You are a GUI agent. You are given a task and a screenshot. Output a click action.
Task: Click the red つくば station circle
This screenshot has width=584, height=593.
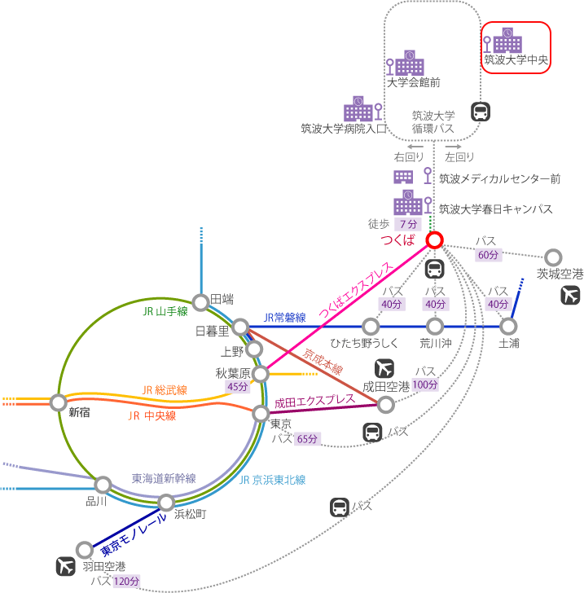(434, 239)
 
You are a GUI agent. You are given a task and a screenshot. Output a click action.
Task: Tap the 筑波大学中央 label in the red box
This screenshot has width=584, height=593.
(516, 59)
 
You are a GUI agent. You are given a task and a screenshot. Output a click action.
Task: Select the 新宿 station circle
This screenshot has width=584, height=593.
(59, 402)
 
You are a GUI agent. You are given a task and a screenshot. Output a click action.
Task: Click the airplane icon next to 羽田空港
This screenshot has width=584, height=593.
(65, 566)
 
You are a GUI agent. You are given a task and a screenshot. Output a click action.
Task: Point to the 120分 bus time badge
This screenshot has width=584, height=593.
(127, 582)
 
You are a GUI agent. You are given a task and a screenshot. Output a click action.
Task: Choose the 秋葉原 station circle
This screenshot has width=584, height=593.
(261, 374)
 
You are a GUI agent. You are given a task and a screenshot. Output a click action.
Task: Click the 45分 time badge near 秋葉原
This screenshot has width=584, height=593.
(238, 386)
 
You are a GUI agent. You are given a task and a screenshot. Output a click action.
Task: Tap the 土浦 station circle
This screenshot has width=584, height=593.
(508, 326)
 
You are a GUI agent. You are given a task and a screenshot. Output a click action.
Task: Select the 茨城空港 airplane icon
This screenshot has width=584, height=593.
(570, 296)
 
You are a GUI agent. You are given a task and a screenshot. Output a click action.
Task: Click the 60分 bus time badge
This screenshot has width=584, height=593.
(489, 255)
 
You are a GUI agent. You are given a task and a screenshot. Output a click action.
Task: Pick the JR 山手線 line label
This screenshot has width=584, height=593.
(165, 311)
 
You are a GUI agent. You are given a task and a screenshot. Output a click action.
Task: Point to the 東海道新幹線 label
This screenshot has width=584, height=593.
(164, 478)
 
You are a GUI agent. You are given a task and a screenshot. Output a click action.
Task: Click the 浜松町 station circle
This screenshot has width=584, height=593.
(166, 503)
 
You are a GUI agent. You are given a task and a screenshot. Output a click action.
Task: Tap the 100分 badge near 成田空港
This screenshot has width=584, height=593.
(425, 384)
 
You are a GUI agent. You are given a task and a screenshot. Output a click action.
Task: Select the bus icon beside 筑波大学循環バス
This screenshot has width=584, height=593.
(481, 112)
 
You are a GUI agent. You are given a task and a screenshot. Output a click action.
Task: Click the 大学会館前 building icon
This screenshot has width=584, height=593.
(409, 63)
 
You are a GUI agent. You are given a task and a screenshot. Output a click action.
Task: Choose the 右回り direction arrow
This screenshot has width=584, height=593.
(415, 147)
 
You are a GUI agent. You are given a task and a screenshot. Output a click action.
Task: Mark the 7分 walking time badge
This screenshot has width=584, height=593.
(408, 224)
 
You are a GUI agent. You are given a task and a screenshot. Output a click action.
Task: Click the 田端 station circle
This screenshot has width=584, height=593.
(201, 302)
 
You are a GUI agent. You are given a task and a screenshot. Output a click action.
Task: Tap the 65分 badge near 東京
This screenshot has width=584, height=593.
(307, 439)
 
